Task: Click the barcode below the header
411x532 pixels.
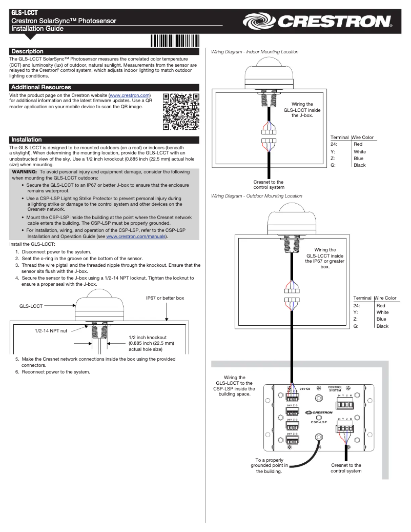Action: pyautogui.click(x=175, y=41)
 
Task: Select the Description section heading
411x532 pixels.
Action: pyautogui.click(x=28, y=51)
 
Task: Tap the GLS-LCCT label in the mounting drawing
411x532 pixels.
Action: pyautogui.click(x=31, y=305)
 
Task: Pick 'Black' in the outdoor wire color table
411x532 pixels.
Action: pyautogui.click(x=382, y=326)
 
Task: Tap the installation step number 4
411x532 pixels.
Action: pyautogui.click(x=17, y=278)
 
